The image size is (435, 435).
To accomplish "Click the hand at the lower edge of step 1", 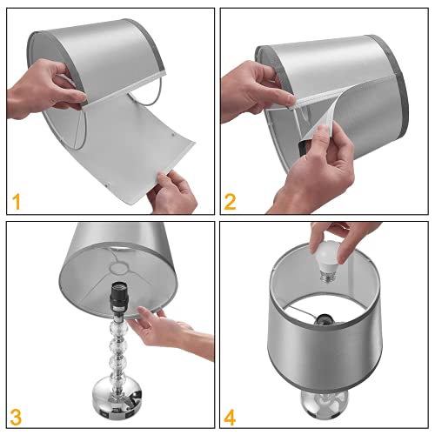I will click(x=173, y=191).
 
